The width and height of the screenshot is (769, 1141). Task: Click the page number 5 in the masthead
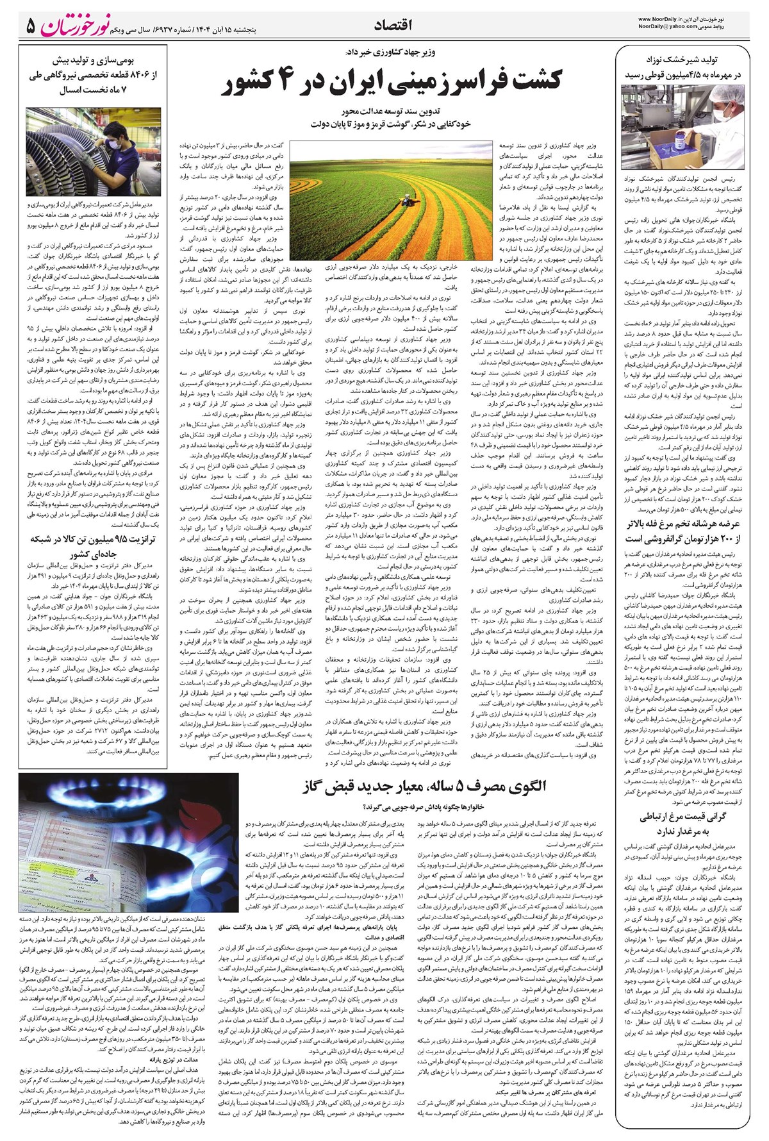point(31,26)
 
